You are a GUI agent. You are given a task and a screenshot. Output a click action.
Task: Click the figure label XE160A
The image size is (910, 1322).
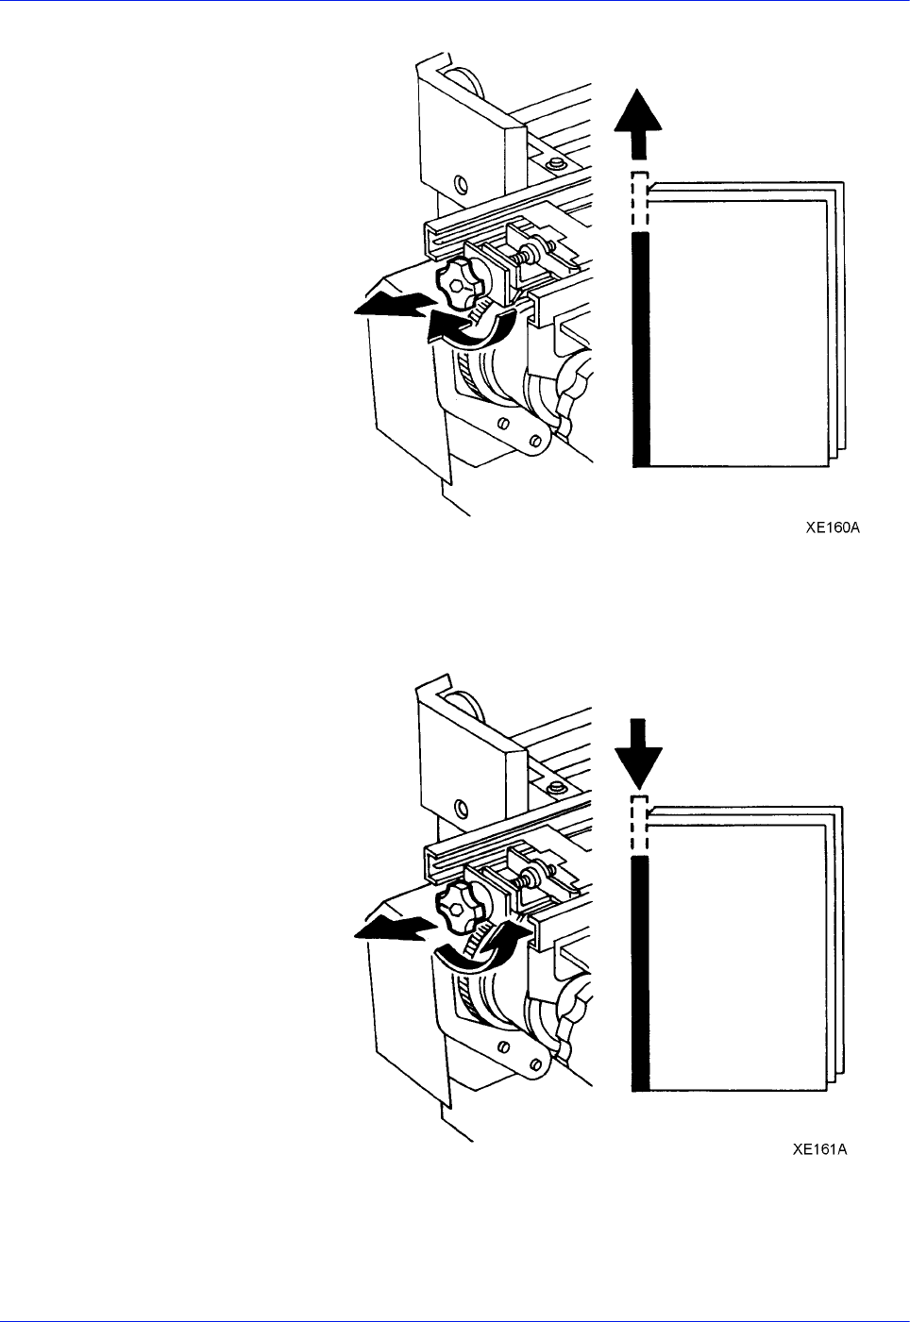(832, 528)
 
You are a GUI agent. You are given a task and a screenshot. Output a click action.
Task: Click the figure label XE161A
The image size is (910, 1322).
(819, 1149)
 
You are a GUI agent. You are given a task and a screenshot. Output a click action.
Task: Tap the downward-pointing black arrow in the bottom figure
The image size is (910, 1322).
(639, 751)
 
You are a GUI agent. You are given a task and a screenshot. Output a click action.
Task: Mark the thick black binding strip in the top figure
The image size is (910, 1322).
(641, 349)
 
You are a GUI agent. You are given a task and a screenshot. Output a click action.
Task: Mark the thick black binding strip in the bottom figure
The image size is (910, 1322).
(640, 972)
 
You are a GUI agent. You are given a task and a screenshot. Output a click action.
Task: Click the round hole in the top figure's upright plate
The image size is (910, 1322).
(462, 183)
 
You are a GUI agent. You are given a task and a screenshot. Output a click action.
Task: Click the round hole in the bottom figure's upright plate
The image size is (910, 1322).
(462, 807)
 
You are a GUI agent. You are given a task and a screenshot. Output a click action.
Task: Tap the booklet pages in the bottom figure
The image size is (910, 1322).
(741, 953)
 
